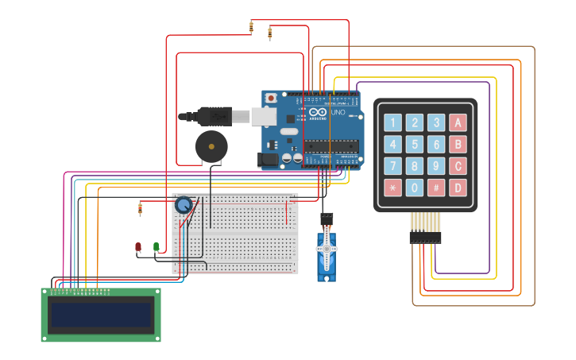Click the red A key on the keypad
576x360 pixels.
tap(457, 122)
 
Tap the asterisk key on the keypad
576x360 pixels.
tap(392, 188)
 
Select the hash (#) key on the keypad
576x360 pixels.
tap(435, 188)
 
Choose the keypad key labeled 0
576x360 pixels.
tap(414, 188)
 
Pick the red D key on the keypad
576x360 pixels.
tap(457, 188)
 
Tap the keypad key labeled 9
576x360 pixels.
tap(435, 166)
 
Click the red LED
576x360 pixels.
tap(138, 248)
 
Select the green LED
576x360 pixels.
tap(156, 247)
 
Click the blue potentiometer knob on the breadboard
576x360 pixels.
tap(184, 205)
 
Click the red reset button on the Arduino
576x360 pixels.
tap(271, 98)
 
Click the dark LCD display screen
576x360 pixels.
tap(101, 315)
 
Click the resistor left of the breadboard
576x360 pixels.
tap(140, 209)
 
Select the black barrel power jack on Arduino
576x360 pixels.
tap(269, 160)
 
